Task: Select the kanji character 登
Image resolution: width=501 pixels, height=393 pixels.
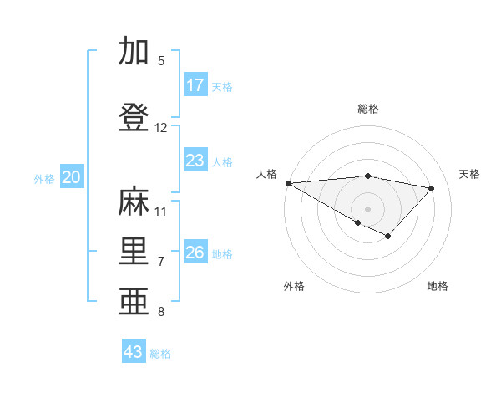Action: (x=135, y=117)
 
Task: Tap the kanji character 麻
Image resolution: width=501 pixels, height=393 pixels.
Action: (x=135, y=202)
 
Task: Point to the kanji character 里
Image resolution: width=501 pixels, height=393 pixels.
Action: (x=135, y=252)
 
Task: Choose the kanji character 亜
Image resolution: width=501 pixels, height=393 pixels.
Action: (x=135, y=302)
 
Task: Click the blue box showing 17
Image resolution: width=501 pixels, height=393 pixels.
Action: (x=195, y=85)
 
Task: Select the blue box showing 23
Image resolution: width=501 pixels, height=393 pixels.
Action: (x=195, y=161)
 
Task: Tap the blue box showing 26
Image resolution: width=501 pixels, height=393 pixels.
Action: (x=195, y=253)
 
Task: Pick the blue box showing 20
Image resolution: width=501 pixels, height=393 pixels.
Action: (x=72, y=177)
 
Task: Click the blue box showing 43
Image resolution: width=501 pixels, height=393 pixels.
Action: (x=134, y=352)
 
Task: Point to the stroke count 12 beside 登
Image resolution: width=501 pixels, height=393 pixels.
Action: (x=161, y=128)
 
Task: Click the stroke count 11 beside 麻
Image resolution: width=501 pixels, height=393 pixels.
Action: (x=161, y=212)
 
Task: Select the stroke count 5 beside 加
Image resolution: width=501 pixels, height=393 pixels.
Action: (x=161, y=61)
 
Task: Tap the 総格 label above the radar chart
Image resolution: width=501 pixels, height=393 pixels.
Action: (x=368, y=109)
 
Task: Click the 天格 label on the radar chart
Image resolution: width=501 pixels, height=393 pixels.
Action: (x=469, y=174)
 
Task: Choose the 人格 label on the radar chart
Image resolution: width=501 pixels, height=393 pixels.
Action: (x=267, y=174)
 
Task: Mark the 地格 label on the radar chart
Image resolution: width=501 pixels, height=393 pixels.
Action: (x=438, y=286)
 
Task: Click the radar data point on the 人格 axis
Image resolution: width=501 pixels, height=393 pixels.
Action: (x=288, y=183)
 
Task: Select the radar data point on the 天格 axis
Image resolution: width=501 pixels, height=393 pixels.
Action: (x=432, y=188)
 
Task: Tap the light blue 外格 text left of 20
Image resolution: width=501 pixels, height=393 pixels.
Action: (x=44, y=178)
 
